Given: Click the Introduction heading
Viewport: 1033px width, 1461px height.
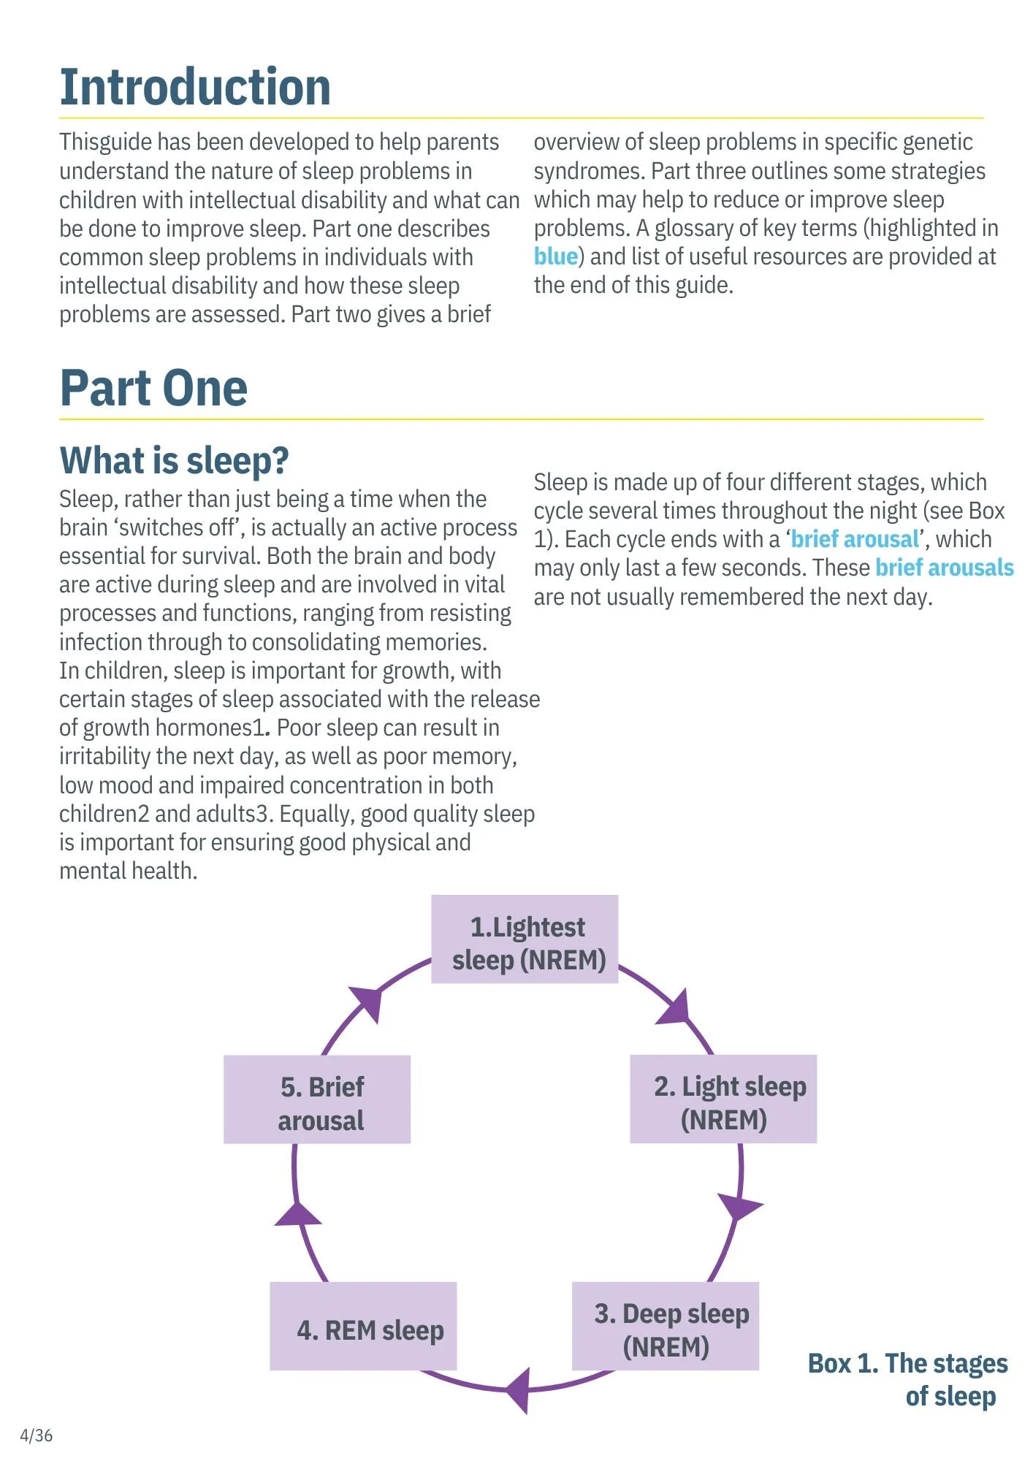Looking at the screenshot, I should (195, 88).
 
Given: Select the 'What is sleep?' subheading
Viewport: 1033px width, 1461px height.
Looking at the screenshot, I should (174, 461).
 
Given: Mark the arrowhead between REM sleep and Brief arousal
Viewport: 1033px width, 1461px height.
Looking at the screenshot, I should (297, 1215).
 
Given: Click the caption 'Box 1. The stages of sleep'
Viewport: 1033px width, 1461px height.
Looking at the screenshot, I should (908, 1379).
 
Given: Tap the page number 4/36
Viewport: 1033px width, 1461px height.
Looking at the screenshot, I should (36, 1435).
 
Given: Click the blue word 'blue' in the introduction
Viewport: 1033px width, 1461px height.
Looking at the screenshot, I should (556, 256).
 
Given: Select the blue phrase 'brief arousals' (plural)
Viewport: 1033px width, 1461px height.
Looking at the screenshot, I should (945, 568).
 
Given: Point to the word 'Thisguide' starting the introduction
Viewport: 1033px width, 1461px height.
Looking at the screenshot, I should (105, 142).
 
